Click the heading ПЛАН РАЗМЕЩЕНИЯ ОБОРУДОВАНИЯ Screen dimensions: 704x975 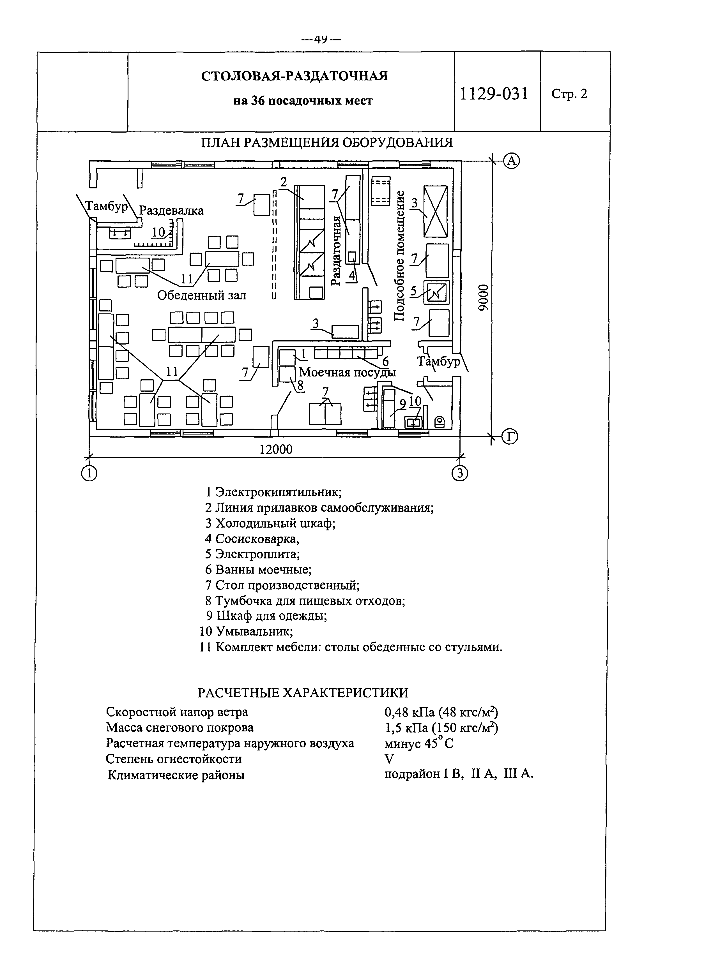click(x=327, y=142)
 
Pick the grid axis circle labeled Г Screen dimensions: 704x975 click(x=509, y=437)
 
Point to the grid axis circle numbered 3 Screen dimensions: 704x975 click(x=460, y=473)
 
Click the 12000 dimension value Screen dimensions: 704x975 click(x=276, y=449)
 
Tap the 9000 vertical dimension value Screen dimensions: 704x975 click(x=484, y=297)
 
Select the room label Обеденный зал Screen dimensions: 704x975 click(x=202, y=295)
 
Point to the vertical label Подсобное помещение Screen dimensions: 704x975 click(x=399, y=255)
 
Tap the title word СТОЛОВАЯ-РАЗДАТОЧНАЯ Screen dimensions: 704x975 click(x=295, y=76)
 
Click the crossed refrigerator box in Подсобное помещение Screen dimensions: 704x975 click(x=435, y=211)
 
